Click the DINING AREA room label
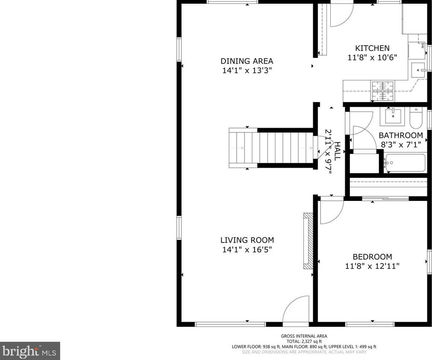tap(247, 61)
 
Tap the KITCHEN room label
tap(372, 48)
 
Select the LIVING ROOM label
tap(247, 240)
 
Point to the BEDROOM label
tap(372, 257)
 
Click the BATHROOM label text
tap(401, 135)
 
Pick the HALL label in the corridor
tap(337, 151)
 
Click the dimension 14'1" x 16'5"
tap(247, 249)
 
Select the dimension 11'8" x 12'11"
tap(372, 266)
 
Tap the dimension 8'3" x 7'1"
tap(401, 144)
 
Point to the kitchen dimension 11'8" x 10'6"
tap(372, 57)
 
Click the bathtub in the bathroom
tap(405, 163)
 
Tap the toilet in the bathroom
tap(416, 118)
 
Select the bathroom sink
tap(392, 116)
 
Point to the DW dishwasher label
tap(422, 46)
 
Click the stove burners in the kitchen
tap(382, 91)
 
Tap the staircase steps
tap(271, 148)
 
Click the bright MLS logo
tap(30, 351)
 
